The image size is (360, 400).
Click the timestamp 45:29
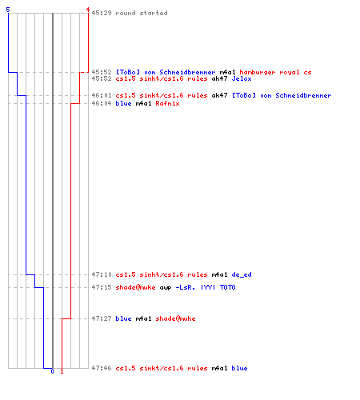102,13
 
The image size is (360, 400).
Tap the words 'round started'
142,13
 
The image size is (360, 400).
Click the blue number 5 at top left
8,10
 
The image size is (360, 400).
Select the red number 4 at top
88,10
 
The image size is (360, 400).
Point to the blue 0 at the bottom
52,371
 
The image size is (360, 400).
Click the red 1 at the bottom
62,371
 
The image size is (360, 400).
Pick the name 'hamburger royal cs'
275,72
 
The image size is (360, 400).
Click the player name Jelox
242,78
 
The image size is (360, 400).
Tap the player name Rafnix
167,103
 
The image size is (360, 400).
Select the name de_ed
242,274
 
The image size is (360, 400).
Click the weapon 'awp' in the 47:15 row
166,287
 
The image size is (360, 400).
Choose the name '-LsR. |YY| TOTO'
206,287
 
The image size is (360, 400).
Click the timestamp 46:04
102,103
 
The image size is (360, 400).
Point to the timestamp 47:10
102,274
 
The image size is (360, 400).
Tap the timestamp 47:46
102,368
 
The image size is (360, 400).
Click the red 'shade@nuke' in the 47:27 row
175,318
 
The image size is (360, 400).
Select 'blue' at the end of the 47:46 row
239,368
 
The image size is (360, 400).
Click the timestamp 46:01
102,95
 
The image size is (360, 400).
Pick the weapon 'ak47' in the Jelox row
219,78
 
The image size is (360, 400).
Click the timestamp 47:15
102,287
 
